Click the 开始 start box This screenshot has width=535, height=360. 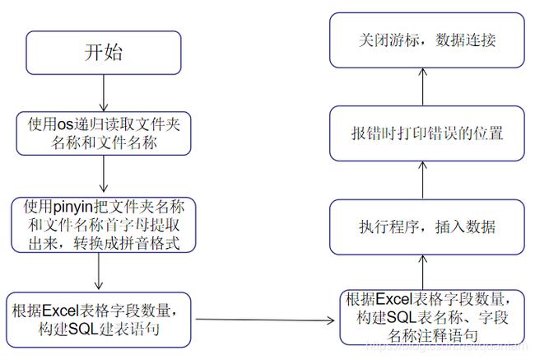[x=102, y=52]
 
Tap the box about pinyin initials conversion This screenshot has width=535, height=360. [x=102, y=223]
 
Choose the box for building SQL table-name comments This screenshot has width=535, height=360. [x=421, y=316]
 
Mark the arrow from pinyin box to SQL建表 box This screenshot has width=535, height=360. [x=98, y=270]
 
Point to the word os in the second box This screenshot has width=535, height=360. [x=65, y=125]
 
